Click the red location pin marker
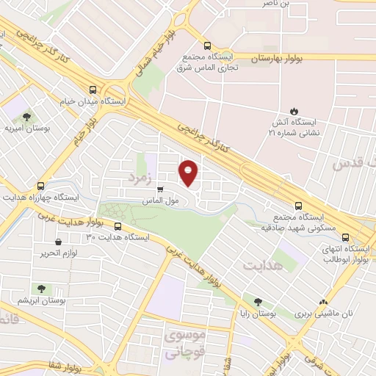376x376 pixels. pos(189,173)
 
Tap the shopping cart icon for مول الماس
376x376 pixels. pos(159,189)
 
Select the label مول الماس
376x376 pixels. pos(162,200)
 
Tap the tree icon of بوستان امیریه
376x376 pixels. pos(27,116)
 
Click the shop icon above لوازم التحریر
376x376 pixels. pos(57,242)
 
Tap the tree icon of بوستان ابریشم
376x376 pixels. pos(40,289)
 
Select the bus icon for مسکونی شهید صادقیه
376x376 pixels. pos(297,206)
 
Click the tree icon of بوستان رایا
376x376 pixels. pos(257,301)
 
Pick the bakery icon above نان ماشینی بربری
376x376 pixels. pos(323,301)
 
